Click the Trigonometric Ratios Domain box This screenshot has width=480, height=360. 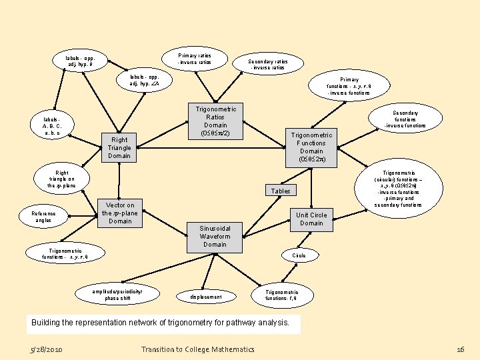(215, 121)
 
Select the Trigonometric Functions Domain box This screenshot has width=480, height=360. (311, 147)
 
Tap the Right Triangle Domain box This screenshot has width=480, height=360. (119, 147)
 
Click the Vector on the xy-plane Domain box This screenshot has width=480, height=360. (120, 213)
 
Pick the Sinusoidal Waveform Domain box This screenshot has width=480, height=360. (215, 236)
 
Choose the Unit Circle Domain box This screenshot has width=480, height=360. (311, 219)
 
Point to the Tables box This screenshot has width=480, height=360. (281, 191)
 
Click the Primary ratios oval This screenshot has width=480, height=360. (194, 59)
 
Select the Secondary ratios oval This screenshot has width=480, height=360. (267, 64)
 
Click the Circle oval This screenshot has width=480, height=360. (299, 255)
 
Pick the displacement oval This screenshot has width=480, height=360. (206, 296)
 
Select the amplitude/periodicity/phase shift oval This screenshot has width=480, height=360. (117, 295)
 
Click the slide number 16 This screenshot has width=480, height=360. (460, 349)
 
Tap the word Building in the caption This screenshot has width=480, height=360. (49, 323)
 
